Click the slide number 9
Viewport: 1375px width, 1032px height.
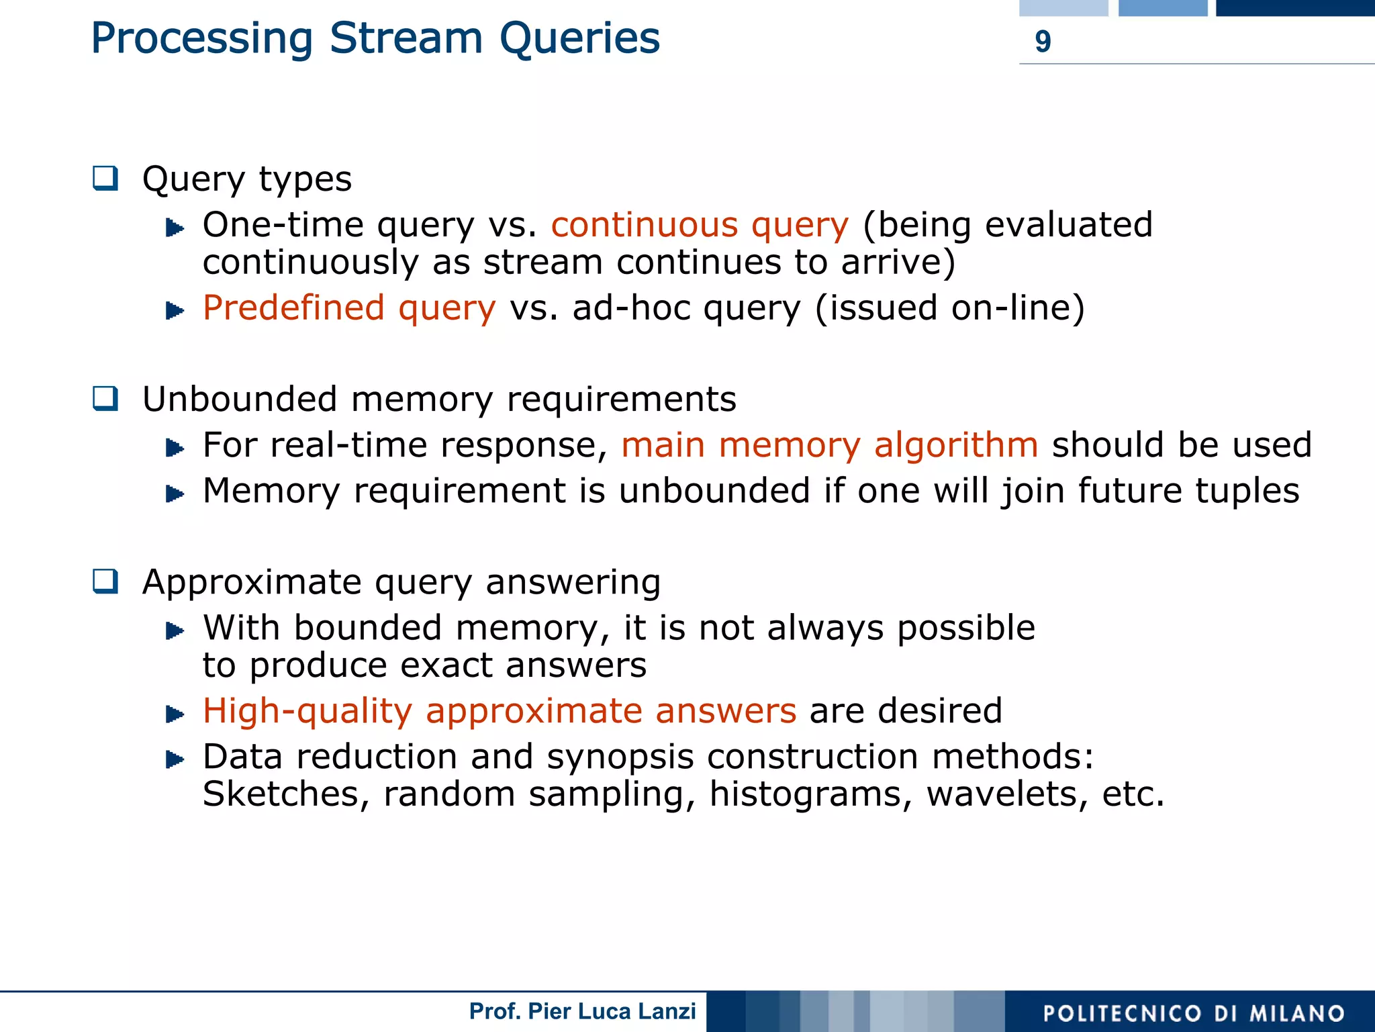coord(1042,42)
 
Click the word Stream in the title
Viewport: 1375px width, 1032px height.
coord(406,38)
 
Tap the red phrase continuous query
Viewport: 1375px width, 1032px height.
coord(700,225)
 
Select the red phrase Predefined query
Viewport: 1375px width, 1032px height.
coord(349,308)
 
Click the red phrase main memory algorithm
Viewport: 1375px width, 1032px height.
coord(829,445)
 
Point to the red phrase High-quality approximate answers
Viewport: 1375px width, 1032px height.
coord(500,711)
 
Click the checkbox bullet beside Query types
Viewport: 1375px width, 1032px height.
coord(105,179)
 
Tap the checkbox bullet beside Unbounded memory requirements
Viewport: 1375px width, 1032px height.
coord(105,399)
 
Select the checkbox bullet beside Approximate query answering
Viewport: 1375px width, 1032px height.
coord(105,581)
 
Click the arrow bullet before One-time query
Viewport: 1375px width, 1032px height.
coord(175,228)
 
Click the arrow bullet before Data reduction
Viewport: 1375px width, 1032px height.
coord(175,760)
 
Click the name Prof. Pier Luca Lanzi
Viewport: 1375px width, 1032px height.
coord(582,1011)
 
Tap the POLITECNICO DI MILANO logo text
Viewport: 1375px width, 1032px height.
coord(1194,1013)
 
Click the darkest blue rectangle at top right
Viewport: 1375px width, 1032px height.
coord(1295,7)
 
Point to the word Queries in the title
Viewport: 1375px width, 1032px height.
coord(579,38)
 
